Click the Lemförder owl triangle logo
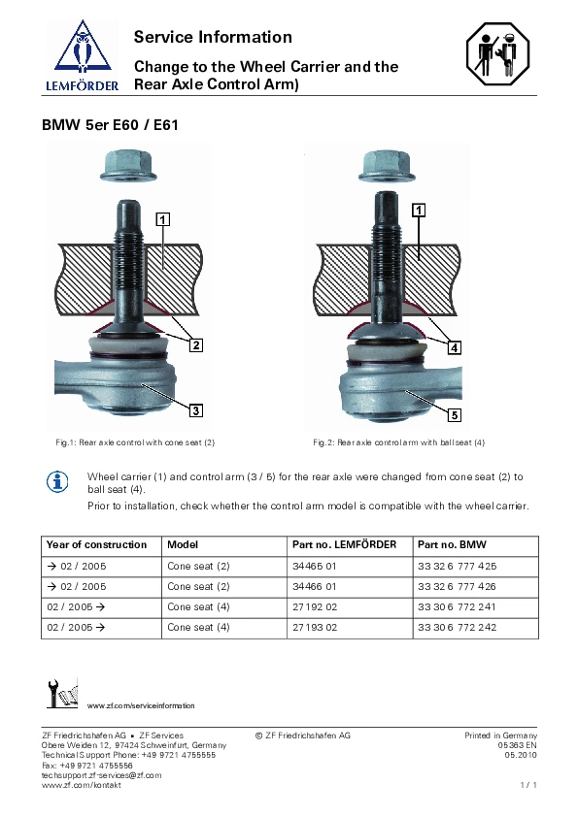click(x=83, y=48)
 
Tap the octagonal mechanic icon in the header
click(x=497, y=53)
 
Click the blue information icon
click(x=57, y=482)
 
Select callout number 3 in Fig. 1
click(x=195, y=410)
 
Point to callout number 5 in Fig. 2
click(x=455, y=414)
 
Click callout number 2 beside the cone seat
click(x=195, y=344)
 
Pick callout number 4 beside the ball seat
click(x=455, y=347)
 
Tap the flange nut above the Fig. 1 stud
click(x=128, y=166)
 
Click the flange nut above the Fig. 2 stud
click(x=387, y=167)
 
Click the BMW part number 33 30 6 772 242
click(x=457, y=628)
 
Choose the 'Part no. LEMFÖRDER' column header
click(x=344, y=544)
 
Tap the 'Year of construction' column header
click(x=96, y=544)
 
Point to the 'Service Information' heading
click(x=213, y=37)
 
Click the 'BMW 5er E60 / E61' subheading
click(x=110, y=125)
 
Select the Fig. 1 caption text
click(x=135, y=442)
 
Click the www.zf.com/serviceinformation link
click(x=141, y=705)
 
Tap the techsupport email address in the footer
click(x=102, y=775)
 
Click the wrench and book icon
click(x=62, y=694)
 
